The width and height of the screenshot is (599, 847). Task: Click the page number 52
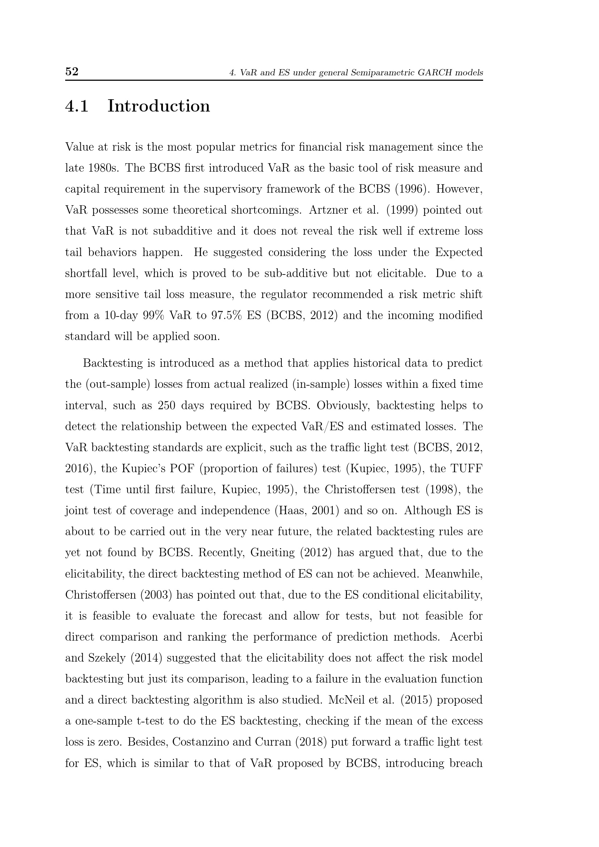[x=72, y=71]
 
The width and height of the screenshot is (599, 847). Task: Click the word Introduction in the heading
[x=159, y=106]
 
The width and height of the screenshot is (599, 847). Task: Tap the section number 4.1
[x=77, y=106]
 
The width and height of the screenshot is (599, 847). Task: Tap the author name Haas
[x=292, y=511]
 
